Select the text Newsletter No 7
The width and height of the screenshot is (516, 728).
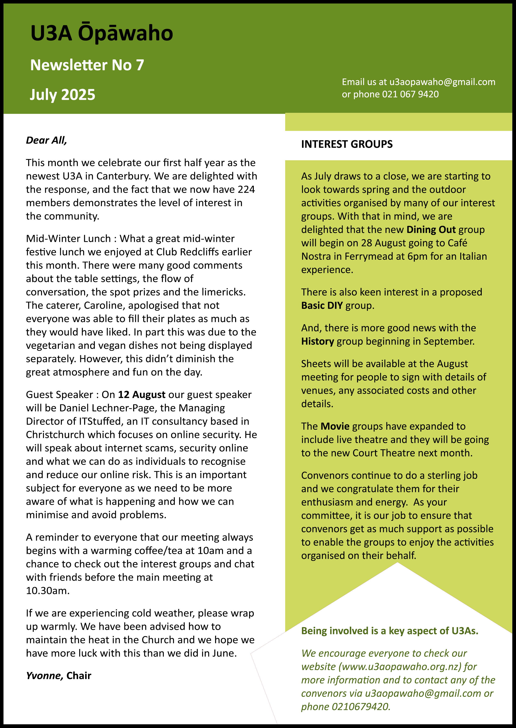[x=87, y=65]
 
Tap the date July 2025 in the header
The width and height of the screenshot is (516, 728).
[x=63, y=95]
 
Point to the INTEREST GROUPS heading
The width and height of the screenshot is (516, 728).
[x=347, y=144]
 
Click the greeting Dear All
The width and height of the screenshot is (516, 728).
[x=46, y=140]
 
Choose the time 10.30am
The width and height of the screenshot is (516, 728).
[x=48, y=591]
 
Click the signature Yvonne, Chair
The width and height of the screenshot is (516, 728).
[x=59, y=675]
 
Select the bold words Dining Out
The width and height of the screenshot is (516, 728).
[x=431, y=229]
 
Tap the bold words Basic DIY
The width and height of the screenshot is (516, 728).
[x=322, y=306]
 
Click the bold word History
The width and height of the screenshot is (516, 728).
[x=317, y=342]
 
